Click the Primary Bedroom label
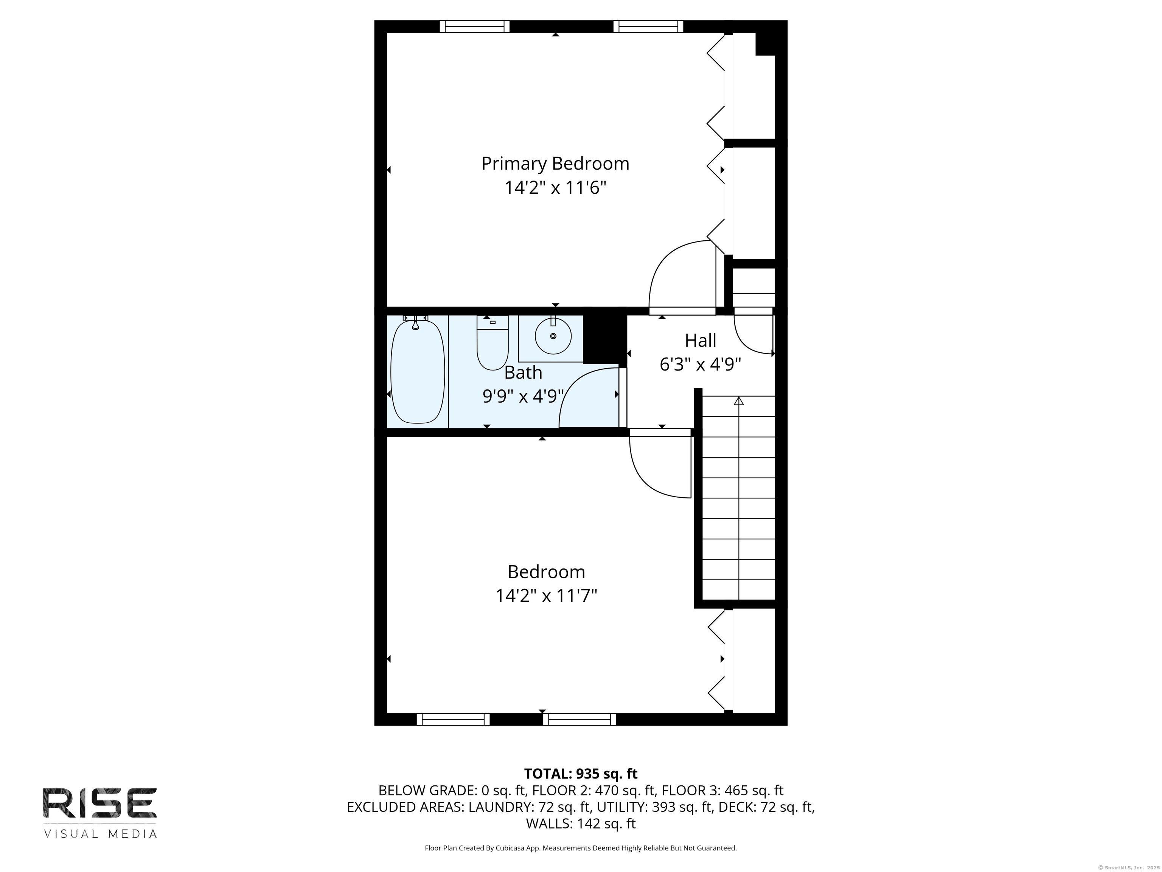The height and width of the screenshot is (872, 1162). pos(555,164)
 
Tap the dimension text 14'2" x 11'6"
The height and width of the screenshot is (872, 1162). pos(555,188)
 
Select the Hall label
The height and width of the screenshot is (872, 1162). pos(700,341)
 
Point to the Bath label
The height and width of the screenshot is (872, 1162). pos(523,373)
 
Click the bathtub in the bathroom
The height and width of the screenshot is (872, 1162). pos(418,371)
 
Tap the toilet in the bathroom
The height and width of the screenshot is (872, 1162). pos(492,342)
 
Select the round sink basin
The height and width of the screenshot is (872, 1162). pos(553,336)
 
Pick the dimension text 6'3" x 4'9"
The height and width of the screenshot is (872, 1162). pos(700,364)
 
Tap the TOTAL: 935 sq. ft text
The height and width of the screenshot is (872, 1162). pos(581,774)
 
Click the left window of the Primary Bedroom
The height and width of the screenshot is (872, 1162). pos(474,26)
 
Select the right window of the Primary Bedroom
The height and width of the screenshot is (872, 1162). pos(648,26)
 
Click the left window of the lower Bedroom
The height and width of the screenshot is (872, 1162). pos(453,719)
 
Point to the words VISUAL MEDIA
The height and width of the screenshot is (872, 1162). pos(100,834)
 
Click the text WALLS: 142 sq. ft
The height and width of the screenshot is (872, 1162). pos(581,824)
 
